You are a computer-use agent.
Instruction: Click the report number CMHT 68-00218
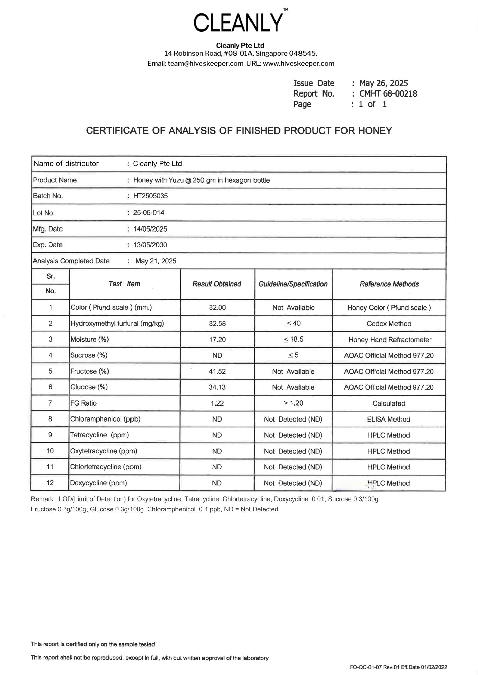pyautogui.click(x=388, y=94)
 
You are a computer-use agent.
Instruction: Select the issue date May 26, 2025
pyautogui.click(x=383, y=83)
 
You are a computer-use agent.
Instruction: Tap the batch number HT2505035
pyautogui.click(x=150, y=196)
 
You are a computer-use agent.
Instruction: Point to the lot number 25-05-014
pyautogui.click(x=148, y=213)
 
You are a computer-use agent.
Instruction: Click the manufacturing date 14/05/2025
pyautogui.click(x=150, y=229)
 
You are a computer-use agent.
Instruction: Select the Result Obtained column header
pyautogui.click(x=217, y=284)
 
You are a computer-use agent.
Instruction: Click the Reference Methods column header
pyautogui.click(x=389, y=284)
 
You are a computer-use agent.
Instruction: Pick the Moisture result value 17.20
pyautogui.click(x=217, y=340)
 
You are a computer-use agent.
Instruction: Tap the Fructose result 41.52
pyautogui.click(x=217, y=371)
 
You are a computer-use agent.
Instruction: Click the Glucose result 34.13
pyautogui.click(x=217, y=387)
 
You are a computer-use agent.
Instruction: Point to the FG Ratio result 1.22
pyautogui.click(x=217, y=403)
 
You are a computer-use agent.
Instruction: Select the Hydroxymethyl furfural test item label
pyautogui.click(x=117, y=323)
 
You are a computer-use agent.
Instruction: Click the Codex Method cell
pyautogui.click(x=389, y=324)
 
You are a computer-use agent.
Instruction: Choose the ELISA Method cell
pyautogui.click(x=388, y=419)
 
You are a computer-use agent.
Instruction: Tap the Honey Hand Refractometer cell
pyautogui.click(x=390, y=340)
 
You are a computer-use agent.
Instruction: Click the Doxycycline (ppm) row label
pyautogui.click(x=98, y=483)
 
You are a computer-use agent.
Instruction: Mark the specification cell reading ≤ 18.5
pyautogui.click(x=293, y=339)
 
